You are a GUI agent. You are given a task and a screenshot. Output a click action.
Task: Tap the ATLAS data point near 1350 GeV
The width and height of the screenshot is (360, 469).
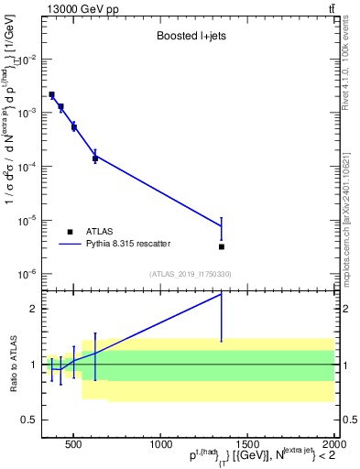tap(222, 246)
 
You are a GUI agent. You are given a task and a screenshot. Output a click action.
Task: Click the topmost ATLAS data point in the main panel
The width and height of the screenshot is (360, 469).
tap(52, 94)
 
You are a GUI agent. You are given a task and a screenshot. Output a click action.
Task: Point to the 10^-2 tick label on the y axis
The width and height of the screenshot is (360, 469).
tap(29, 59)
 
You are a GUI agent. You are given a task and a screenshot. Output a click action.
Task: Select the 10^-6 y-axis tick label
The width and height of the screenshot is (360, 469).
tap(29, 274)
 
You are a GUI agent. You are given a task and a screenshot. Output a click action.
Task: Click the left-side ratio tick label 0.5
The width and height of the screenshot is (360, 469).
tap(31, 420)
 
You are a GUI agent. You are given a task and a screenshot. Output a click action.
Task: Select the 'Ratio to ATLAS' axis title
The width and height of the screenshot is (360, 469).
tap(12, 365)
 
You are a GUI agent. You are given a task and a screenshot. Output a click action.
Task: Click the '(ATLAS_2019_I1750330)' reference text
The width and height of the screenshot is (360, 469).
tap(191, 274)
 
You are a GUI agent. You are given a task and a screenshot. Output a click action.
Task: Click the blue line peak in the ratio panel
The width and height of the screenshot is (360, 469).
tap(222, 294)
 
